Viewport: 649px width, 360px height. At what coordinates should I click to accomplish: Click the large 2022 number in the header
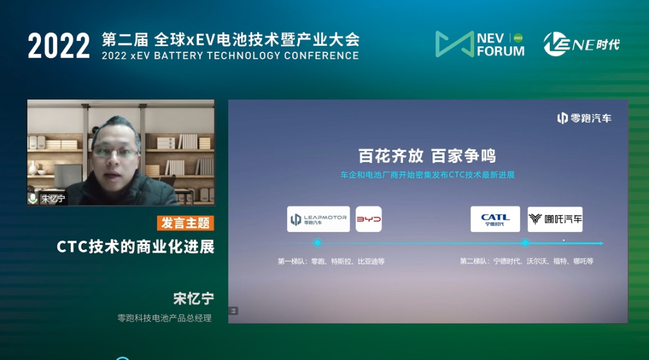[x=59, y=46]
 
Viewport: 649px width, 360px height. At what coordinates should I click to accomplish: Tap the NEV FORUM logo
[x=480, y=44]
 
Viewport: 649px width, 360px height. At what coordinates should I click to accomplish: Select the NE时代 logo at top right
[x=582, y=44]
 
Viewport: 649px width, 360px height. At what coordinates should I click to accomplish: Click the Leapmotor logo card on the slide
[x=318, y=219]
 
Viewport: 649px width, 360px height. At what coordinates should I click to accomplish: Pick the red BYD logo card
[x=368, y=219]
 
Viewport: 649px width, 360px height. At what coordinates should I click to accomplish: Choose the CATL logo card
[x=495, y=219]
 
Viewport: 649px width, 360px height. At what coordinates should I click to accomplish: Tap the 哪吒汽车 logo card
[x=555, y=219]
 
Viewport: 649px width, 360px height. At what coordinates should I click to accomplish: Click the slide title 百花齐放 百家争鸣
[x=427, y=156]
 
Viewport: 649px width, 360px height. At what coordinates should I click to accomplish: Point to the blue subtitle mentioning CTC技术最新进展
[x=427, y=175]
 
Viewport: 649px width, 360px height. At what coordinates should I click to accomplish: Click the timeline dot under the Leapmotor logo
[x=317, y=243]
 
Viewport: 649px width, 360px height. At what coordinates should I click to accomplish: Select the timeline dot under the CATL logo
[x=525, y=243]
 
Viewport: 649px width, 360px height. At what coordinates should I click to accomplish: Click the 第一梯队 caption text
[x=331, y=261]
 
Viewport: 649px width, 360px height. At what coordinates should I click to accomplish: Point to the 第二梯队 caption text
[x=526, y=261]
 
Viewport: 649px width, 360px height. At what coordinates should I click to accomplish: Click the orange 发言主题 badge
[x=186, y=223]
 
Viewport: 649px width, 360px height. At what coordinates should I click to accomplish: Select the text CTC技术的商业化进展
[x=135, y=247]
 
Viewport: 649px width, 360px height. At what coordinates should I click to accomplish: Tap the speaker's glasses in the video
[x=115, y=153]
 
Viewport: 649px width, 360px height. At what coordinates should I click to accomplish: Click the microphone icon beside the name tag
[x=32, y=198]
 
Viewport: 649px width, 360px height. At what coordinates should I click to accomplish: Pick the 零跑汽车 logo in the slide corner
[x=584, y=118]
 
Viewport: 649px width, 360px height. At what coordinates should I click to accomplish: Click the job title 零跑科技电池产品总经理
[x=164, y=318]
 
